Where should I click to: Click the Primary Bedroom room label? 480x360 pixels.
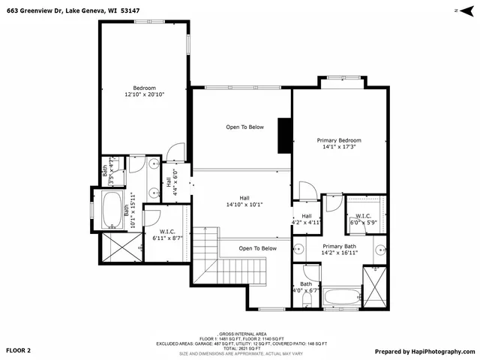[x=339, y=140]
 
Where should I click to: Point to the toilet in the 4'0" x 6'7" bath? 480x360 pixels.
[x=306, y=298]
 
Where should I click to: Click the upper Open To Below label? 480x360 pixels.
[x=244, y=127]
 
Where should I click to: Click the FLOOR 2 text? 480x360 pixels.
[x=19, y=350]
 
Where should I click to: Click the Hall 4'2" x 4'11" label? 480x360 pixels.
[x=306, y=219]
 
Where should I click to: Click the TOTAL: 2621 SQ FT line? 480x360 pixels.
[x=240, y=348]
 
